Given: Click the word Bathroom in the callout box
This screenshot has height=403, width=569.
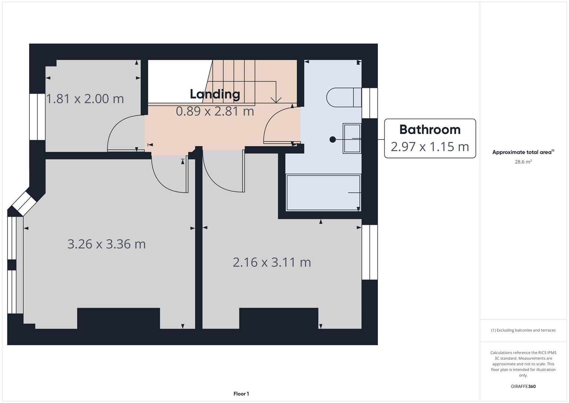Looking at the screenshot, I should tap(430, 129).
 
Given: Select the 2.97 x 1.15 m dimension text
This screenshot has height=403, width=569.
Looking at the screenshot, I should tap(430, 147).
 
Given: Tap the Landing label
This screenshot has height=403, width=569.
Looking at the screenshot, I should tap(215, 94).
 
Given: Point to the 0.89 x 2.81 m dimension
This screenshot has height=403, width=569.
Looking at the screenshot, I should tap(215, 111).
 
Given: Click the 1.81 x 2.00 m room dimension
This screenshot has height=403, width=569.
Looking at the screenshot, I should tap(85, 99).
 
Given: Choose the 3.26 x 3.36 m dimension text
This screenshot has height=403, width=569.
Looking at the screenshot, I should tap(107, 244).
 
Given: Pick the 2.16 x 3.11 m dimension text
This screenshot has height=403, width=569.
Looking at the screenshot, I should tap(272, 262).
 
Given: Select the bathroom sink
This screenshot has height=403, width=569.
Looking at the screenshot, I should tap(352, 138).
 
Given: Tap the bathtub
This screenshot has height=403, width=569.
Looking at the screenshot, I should tap(323, 193).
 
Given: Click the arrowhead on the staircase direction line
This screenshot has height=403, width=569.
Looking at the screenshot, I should tap(276, 100).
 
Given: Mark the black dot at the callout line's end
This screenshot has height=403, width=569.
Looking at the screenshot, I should tap(332, 139).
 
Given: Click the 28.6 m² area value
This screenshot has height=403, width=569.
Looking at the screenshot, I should tap(523, 162).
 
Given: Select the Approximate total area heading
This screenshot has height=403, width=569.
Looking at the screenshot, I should tap(523, 152).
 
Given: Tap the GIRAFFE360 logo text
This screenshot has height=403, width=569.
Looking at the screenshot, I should tap(523, 386).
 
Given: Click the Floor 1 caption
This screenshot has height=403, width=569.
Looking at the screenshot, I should tap(241, 394).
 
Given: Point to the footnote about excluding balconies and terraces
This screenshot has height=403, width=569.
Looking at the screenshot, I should tap(523, 330).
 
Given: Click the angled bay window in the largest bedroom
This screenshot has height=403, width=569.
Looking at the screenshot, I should tap(24, 203).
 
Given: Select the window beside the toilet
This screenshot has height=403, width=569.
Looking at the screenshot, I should tap(370, 103).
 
